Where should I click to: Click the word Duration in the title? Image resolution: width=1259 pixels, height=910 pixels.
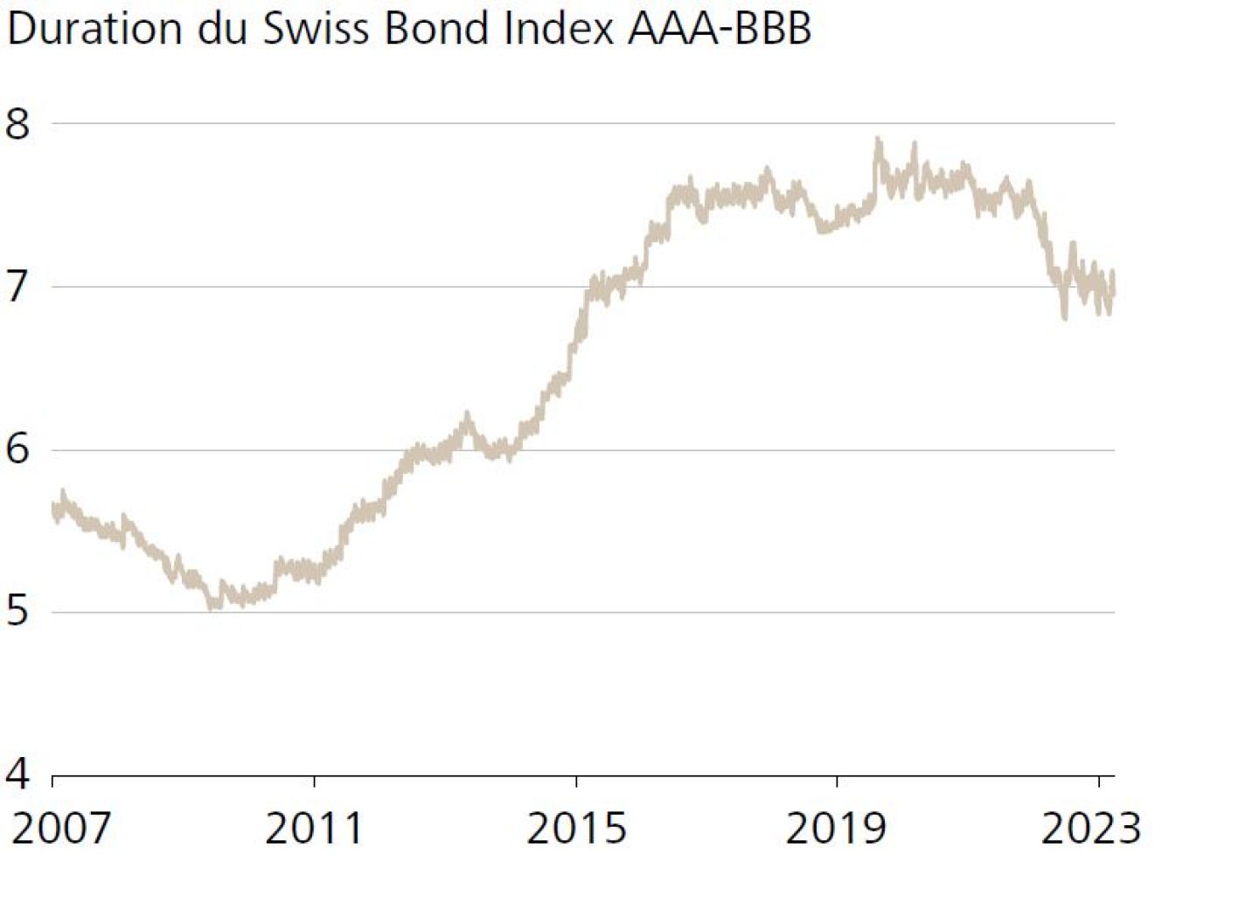point(94,29)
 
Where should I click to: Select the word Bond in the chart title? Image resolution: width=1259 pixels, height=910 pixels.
point(438,29)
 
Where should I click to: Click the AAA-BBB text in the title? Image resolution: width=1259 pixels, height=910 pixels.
point(720,29)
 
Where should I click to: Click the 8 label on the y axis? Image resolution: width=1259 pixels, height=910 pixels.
point(17,123)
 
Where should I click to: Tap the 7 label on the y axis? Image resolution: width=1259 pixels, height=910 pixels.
point(17,287)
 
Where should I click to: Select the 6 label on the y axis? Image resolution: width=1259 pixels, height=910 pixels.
point(17,449)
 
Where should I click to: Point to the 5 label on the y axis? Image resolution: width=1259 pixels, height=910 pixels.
point(17,612)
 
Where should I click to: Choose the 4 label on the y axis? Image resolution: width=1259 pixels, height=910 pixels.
point(17,775)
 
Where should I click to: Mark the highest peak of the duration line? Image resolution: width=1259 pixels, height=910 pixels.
point(878,140)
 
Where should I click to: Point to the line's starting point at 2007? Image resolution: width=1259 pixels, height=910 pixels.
point(54,507)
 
